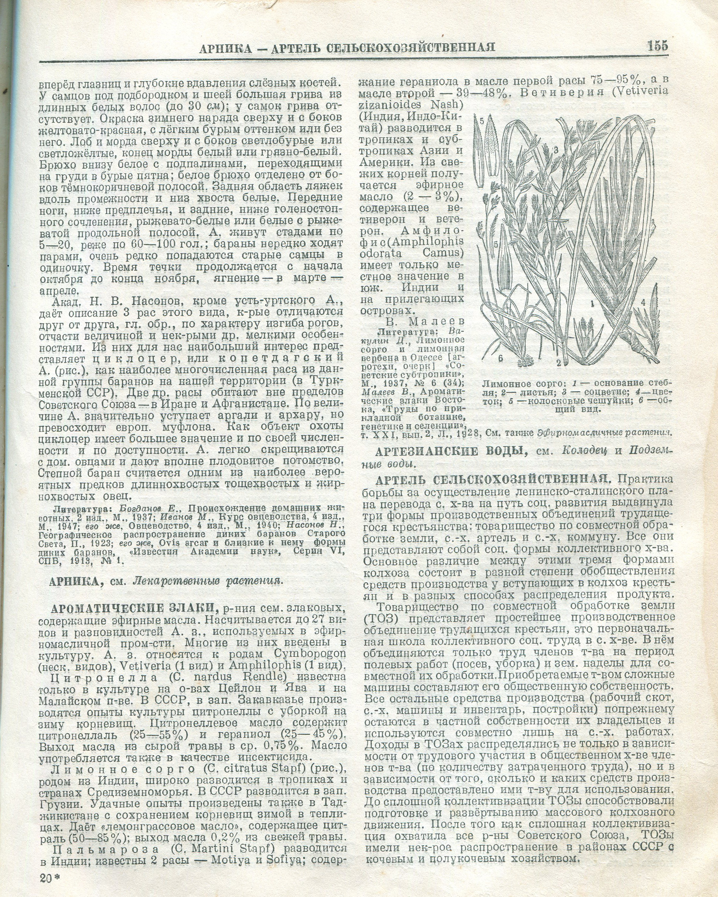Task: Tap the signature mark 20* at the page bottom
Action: (50, 878)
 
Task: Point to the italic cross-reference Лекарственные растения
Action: (208, 581)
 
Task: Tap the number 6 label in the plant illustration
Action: (500, 358)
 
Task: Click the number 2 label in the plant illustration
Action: (559, 362)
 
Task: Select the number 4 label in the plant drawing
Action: (643, 302)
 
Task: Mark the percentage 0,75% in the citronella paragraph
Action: (283, 745)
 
